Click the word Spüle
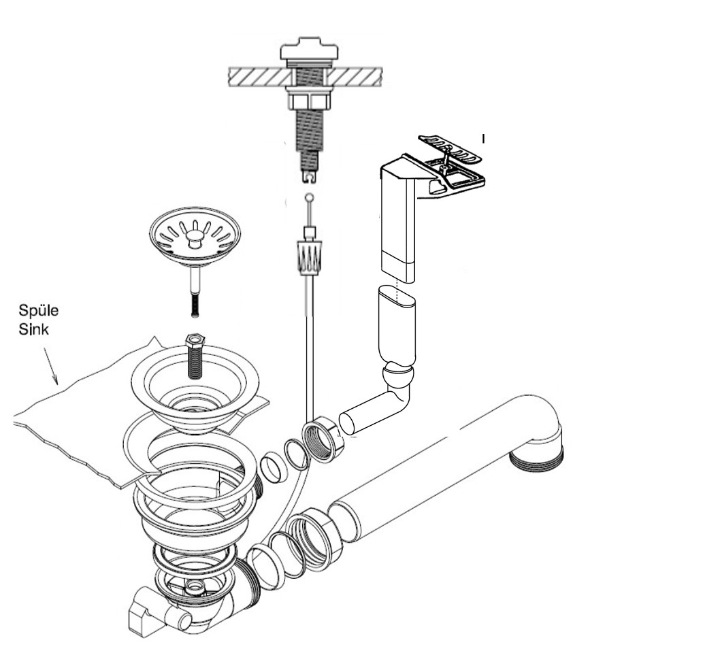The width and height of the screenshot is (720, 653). coord(39,312)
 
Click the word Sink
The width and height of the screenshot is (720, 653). coord(33,330)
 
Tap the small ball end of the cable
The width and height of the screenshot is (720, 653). coord(310,198)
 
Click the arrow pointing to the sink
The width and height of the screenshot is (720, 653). coord(51,367)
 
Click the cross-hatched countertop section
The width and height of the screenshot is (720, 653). coord(259,76)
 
